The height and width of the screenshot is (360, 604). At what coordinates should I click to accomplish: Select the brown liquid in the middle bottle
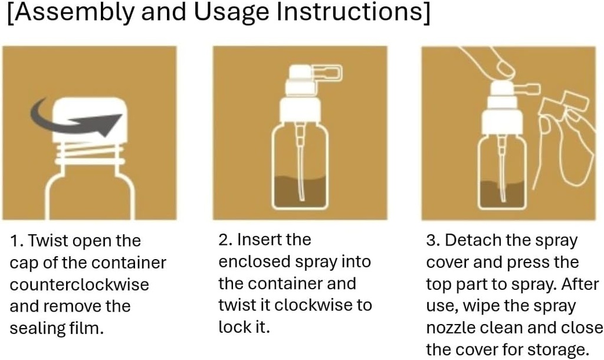pos(300,191)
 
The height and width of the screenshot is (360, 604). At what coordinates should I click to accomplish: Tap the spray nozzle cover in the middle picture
pos(328,73)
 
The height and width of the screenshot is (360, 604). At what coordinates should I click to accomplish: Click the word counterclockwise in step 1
pos(80,284)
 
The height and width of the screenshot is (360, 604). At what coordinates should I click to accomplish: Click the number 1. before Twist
pos(17,241)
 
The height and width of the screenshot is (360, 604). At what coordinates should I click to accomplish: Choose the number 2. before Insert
pos(225,240)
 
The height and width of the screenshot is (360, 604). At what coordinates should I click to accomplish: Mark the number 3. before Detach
pos(434,240)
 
